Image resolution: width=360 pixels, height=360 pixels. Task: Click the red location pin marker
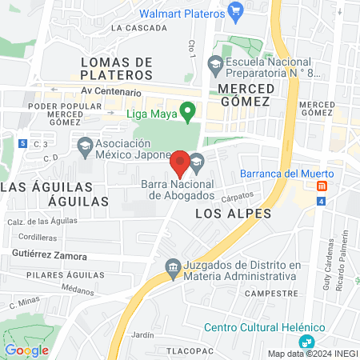pos(180,162)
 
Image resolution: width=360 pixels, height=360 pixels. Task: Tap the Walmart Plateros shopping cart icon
pos(235,11)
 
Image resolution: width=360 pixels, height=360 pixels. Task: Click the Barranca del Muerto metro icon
pos(322,186)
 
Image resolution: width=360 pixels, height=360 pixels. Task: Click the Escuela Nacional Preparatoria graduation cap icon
pos(215,62)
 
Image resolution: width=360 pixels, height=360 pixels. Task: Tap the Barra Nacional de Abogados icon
pos(197,163)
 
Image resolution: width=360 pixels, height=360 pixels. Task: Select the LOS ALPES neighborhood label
pos(233,214)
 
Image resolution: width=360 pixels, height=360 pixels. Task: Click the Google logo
pos(27,350)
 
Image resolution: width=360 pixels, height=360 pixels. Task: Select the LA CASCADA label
pos(138,27)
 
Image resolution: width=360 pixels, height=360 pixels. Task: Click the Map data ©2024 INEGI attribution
pos(313,354)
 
